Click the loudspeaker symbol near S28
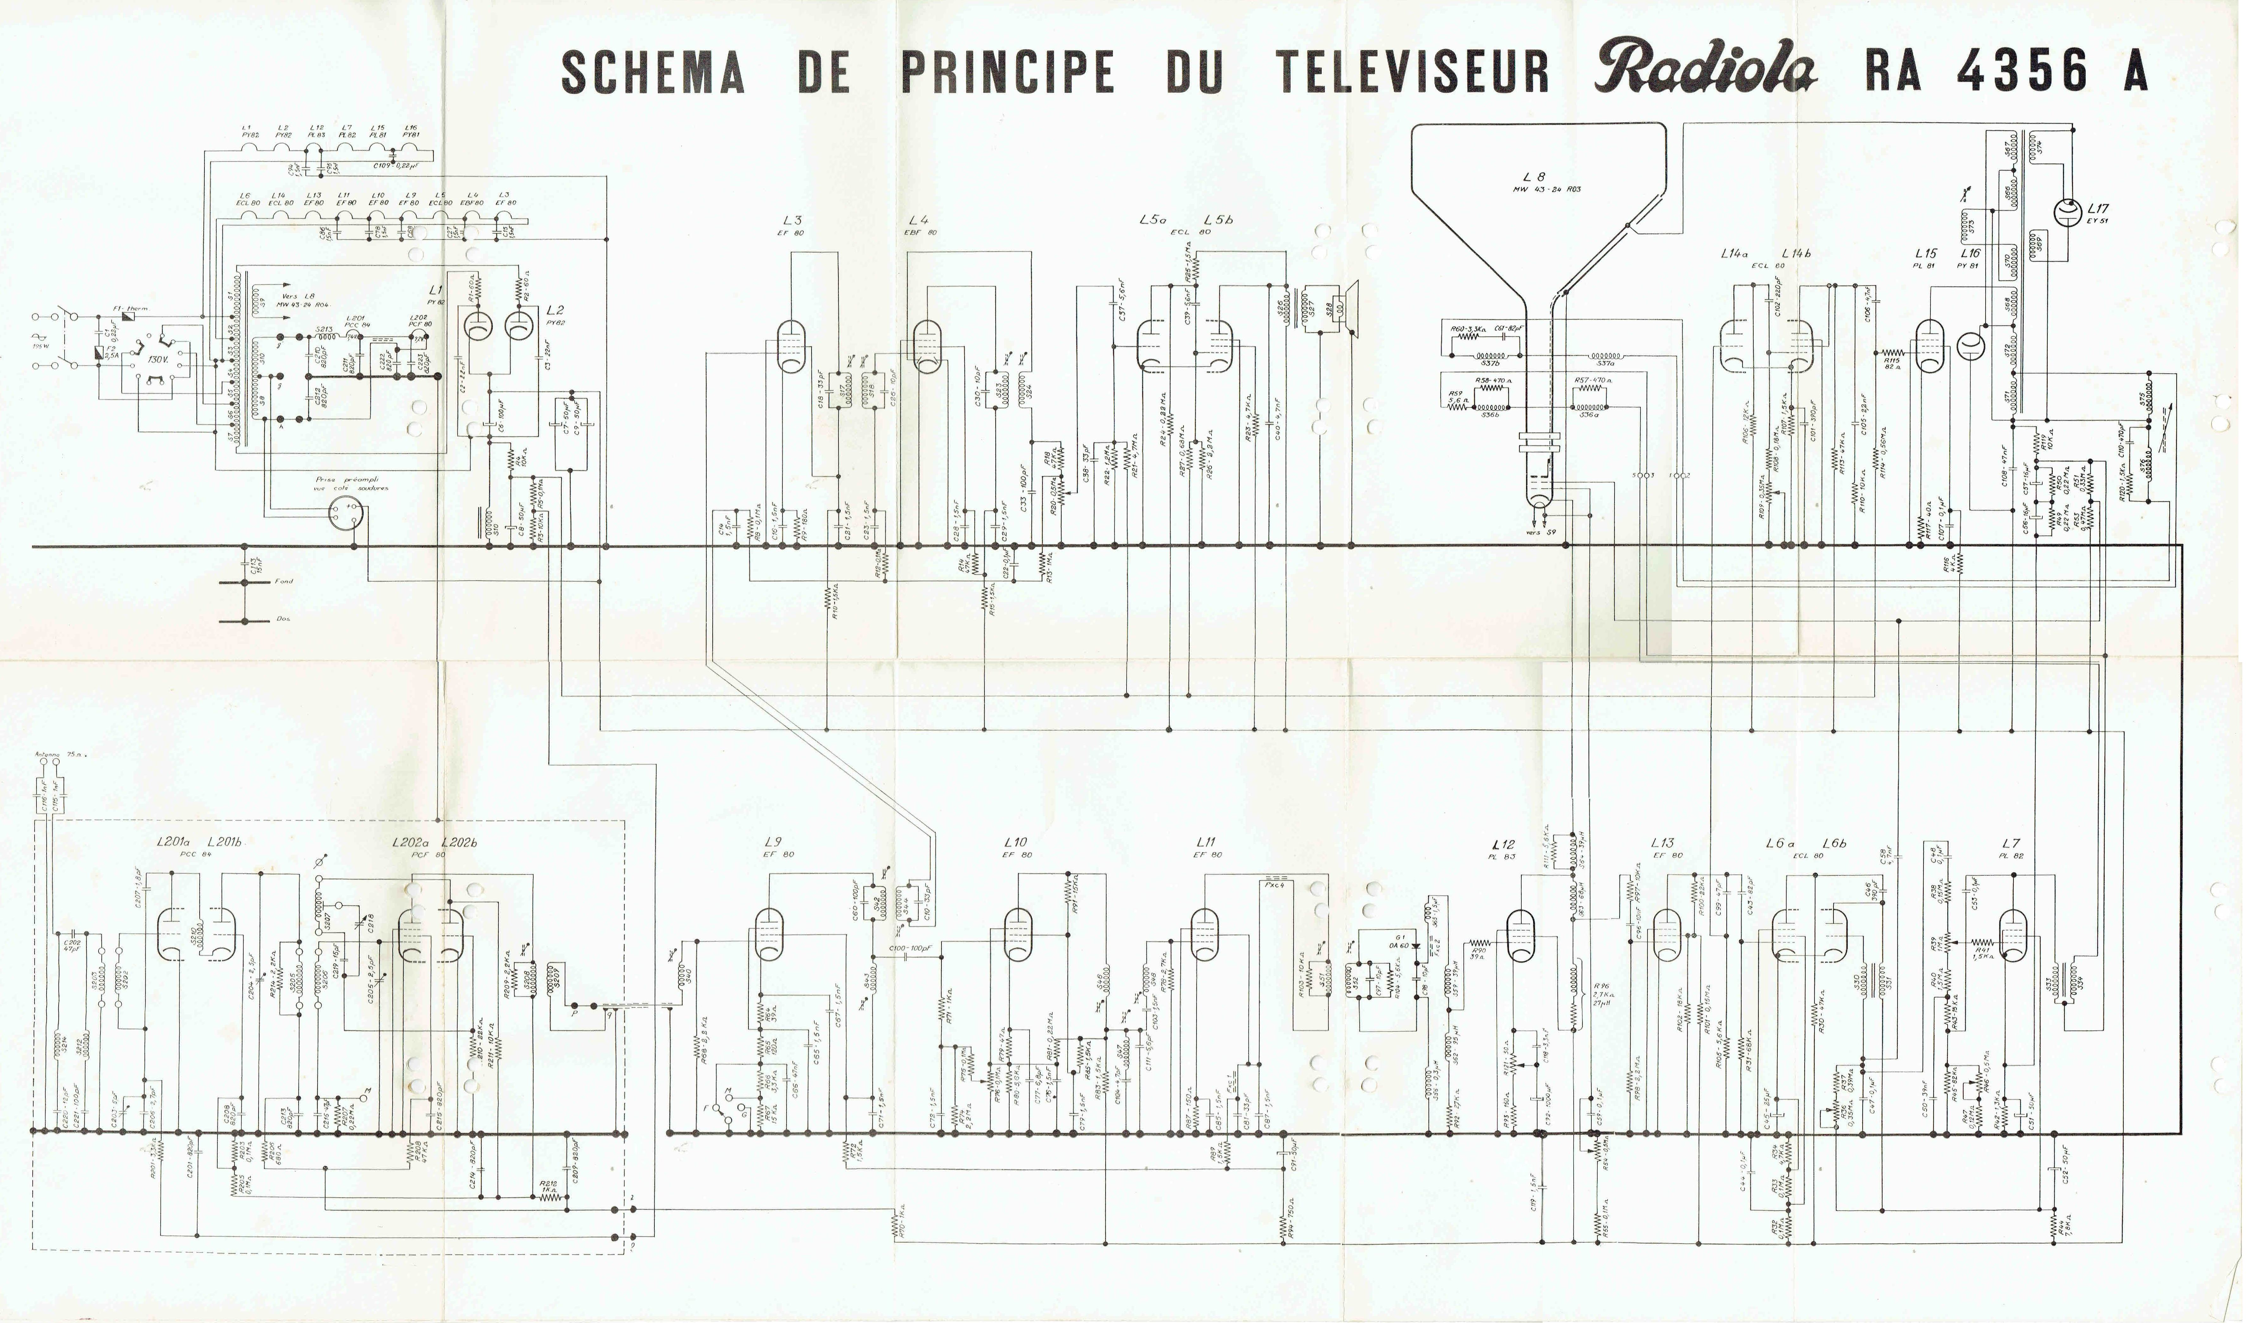pyautogui.click(x=1351, y=309)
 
